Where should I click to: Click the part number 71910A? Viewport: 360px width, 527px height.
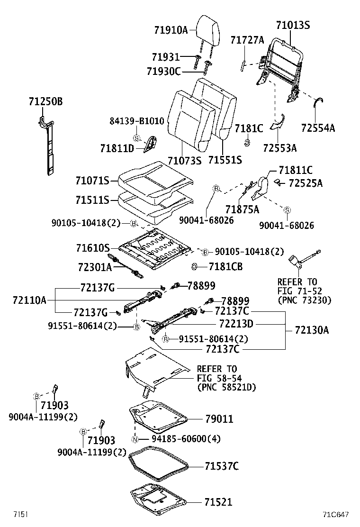point(171,30)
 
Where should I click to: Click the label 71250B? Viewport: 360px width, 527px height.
point(45,102)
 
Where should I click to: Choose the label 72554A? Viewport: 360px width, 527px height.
point(318,127)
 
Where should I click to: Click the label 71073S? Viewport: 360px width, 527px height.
point(184,160)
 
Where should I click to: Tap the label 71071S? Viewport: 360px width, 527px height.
point(92,181)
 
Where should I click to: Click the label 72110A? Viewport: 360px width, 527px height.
point(30,300)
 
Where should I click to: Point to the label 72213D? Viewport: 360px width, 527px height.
point(236,324)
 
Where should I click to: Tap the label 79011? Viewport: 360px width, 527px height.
point(219,419)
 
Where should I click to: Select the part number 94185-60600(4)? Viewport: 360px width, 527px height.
point(180,439)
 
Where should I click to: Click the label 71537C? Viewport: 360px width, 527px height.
point(221,466)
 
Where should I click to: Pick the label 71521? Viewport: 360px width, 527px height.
point(218,502)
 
